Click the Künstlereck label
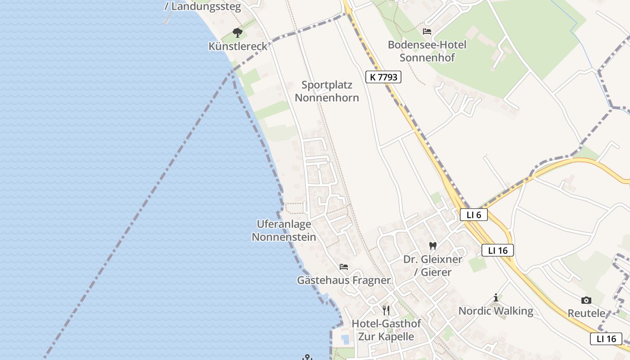pyautogui.click(x=238, y=46)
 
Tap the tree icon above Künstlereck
pyautogui.click(x=238, y=33)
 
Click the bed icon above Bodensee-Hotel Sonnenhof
pyautogui.click(x=427, y=31)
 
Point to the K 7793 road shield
pyautogui.click(x=383, y=77)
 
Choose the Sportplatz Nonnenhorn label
pyautogui.click(x=327, y=91)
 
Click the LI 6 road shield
pyautogui.click(x=474, y=215)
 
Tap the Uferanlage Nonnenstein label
pyautogui.click(x=283, y=230)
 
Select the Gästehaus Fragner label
pyautogui.click(x=344, y=280)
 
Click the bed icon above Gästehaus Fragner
pyautogui.click(x=344, y=267)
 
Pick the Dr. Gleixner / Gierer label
pyautogui.click(x=432, y=266)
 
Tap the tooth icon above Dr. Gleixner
pyautogui.click(x=433, y=246)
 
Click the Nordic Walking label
pyautogui.click(x=495, y=311)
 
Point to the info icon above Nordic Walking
pyautogui.click(x=496, y=297)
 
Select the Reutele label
pyautogui.click(x=586, y=313)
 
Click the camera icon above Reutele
pyautogui.click(x=586, y=300)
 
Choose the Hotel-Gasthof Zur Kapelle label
pyautogui.click(x=386, y=330)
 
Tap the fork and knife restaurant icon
pyautogui.click(x=386, y=310)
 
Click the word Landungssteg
pyautogui.click(x=206, y=7)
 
